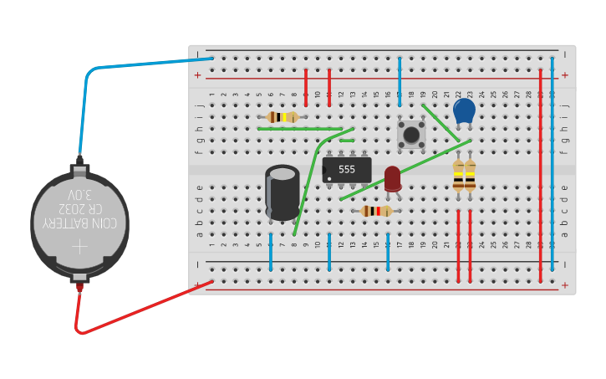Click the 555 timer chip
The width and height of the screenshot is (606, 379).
[347, 170]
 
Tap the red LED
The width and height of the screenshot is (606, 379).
[392, 177]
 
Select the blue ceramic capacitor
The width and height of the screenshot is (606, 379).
[464, 110]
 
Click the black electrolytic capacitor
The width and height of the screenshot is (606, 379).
[283, 193]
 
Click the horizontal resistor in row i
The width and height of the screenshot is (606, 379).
[283, 117]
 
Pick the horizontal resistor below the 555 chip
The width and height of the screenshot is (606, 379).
[376, 211]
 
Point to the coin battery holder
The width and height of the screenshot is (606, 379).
[79, 224]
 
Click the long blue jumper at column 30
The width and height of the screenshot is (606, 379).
[553, 167]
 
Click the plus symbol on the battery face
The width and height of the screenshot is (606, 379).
[79, 247]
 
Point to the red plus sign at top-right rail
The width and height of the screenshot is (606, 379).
[565, 75]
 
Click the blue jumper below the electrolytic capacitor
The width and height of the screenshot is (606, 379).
[271, 252]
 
